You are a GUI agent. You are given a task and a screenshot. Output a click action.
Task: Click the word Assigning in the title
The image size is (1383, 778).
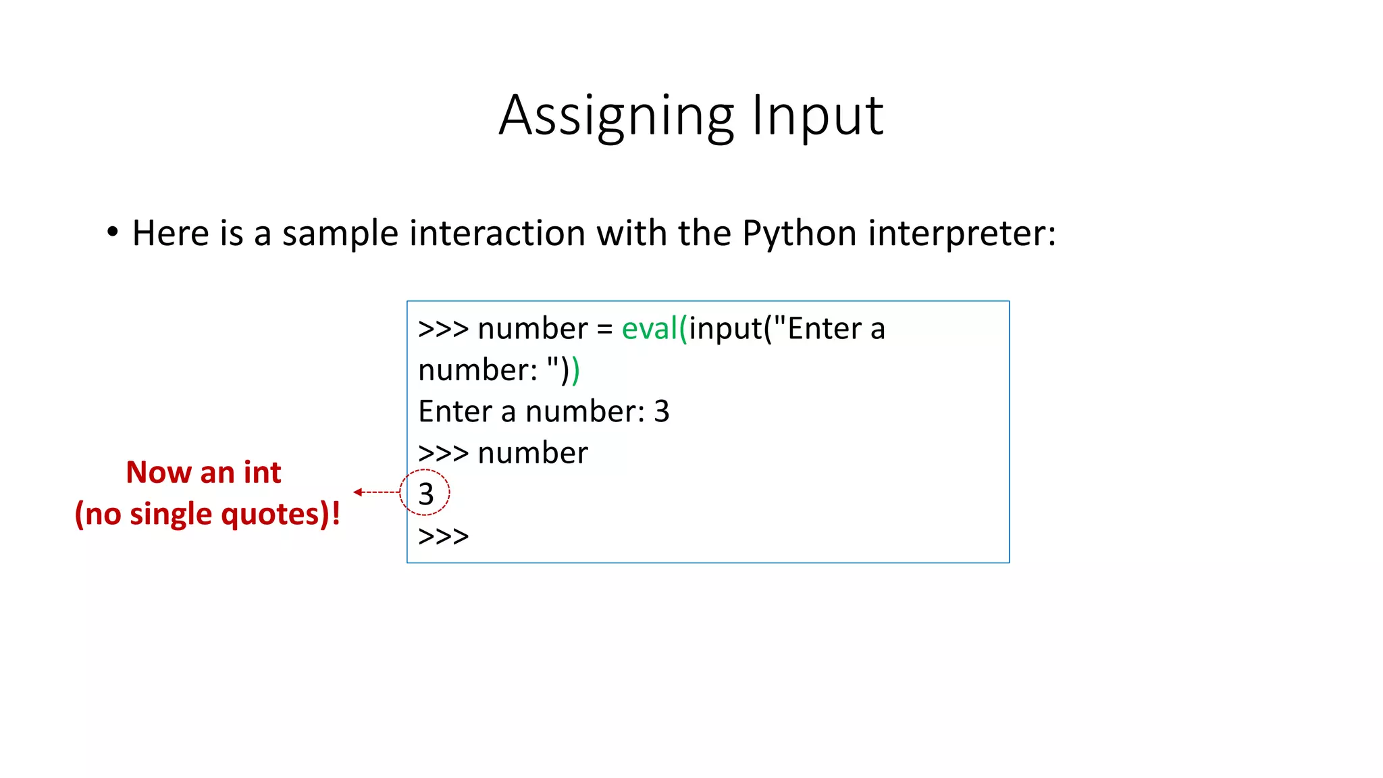coord(616,116)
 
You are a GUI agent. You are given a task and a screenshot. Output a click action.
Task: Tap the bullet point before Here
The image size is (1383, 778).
coord(112,232)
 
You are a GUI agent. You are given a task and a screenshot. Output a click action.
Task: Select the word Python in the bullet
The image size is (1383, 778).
coord(800,234)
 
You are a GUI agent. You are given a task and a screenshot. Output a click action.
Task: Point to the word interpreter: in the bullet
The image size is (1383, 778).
coord(962,234)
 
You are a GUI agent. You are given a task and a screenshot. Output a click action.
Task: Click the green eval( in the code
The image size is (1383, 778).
coord(654,329)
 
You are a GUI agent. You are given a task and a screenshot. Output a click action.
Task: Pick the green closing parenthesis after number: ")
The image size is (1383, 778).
coord(576,371)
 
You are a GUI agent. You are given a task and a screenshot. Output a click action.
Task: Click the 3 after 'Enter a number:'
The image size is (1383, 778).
coord(662,411)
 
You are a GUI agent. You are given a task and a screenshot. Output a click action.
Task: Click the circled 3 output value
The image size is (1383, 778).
coord(425,494)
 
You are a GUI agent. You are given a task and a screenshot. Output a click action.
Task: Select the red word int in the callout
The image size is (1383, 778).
coord(262,472)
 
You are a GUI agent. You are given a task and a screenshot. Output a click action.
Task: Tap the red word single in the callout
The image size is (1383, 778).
coord(171,514)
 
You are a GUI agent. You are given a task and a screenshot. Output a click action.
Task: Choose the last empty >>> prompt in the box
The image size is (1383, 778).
coord(443,536)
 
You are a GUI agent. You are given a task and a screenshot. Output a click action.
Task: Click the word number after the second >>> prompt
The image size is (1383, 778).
coord(533,453)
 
